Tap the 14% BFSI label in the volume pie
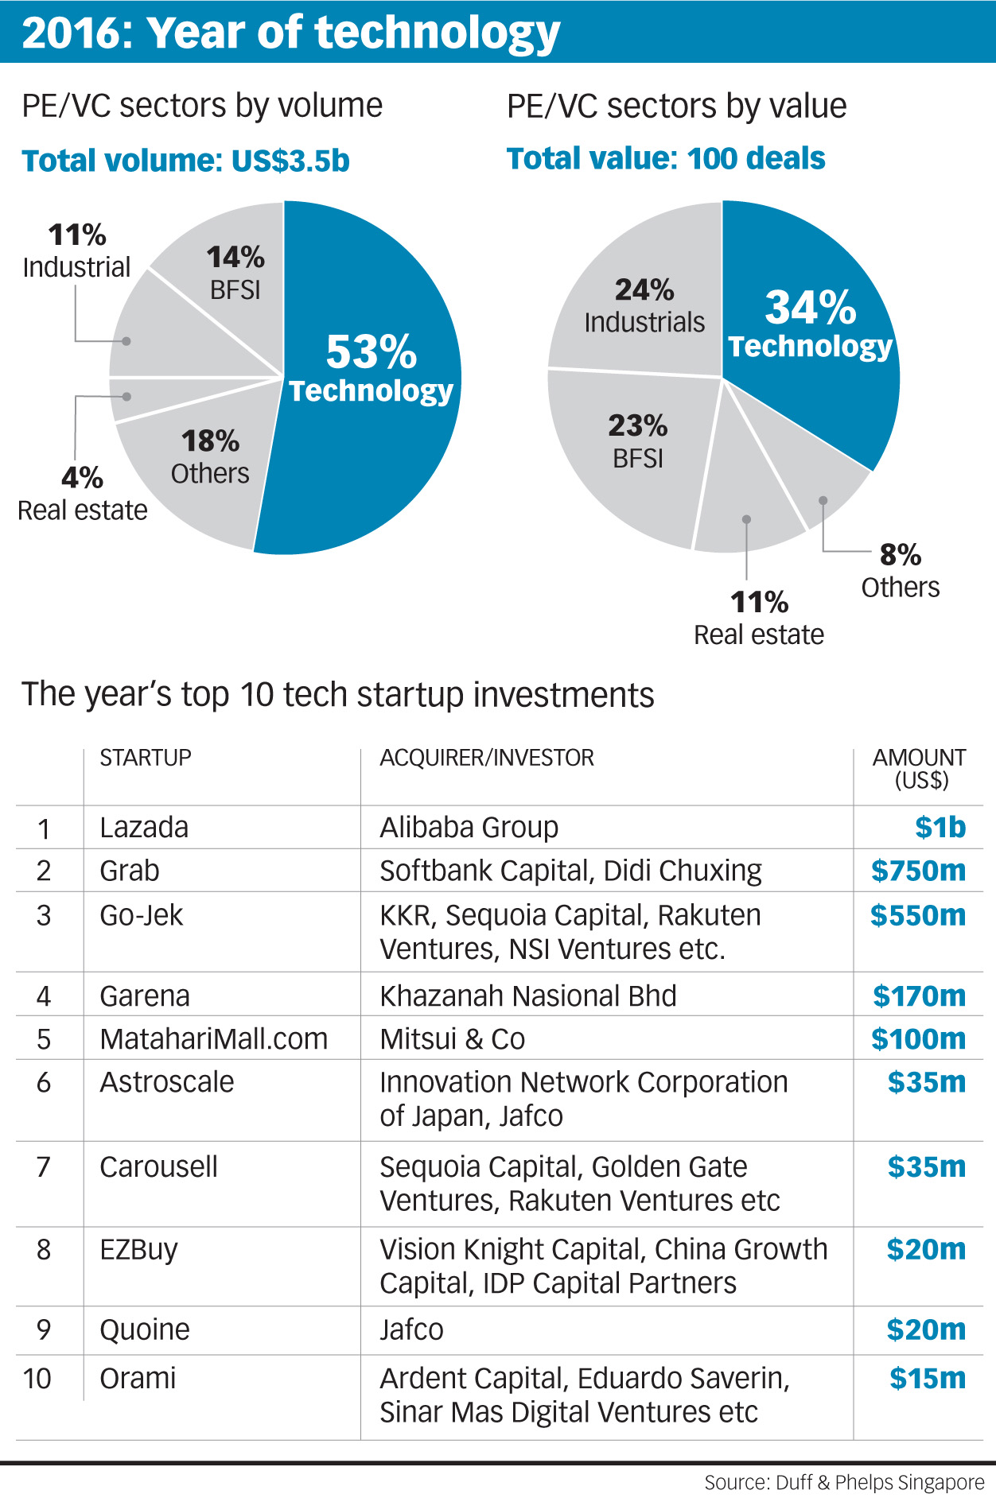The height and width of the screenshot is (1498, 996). click(235, 272)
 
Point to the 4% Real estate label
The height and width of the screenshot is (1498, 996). click(82, 494)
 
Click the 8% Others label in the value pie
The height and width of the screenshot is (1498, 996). click(900, 570)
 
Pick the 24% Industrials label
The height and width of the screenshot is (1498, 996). click(644, 306)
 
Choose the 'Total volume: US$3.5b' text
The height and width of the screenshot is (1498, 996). click(185, 161)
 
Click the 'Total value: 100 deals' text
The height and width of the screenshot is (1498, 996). click(666, 158)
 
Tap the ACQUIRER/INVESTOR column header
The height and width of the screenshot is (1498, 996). click(486, 758)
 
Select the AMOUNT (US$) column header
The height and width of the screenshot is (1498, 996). click(919, 768)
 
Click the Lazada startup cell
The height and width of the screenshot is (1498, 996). click(144, 828)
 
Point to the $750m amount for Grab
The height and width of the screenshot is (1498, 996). click(918, 871)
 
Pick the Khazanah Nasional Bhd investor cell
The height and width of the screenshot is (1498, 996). click(527, 995)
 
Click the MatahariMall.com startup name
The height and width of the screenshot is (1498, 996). click(213, 1038)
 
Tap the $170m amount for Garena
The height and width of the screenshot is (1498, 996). click(919, 995)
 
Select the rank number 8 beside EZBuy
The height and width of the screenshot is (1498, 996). click(44, 1250)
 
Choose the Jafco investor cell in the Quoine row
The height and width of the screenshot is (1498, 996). click(411, 1329)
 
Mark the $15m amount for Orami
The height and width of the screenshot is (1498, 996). click(928, 1378)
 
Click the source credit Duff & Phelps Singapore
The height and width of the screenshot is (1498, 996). click(844, 1483)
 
